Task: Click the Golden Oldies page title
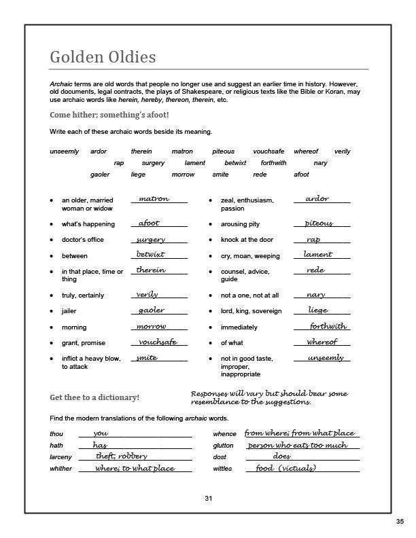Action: click(x=103, y=57)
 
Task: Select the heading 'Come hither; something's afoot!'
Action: click(x=109, y=115)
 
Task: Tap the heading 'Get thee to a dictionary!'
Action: click(x=95, y=397)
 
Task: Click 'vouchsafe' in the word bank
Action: click(x=268, y=151)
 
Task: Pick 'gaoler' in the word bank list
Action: click(x=100, y=175)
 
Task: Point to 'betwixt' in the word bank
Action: click(x=235, y=163)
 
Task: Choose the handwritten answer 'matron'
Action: click(x=154, y=199)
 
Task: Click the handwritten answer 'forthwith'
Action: click(x=328, y=326)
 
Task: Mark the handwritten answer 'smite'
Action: click(x=147, y=357)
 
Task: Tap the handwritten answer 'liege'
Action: click(x=318, y=310)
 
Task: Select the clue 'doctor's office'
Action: click(x=84, y=240)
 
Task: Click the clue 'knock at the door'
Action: click(x=247, y=240)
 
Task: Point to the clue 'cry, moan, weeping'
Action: click(x=250, y=256)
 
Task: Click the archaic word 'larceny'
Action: click(x=60, y=457)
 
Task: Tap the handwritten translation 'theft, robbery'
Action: click(x=122, y=456)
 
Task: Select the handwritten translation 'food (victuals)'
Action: click(x=285, y=468)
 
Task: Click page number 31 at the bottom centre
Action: click(x=209, y=499)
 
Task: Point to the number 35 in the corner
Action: click(x=400, y=521)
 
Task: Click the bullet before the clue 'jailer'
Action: click(x=52, y=311)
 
